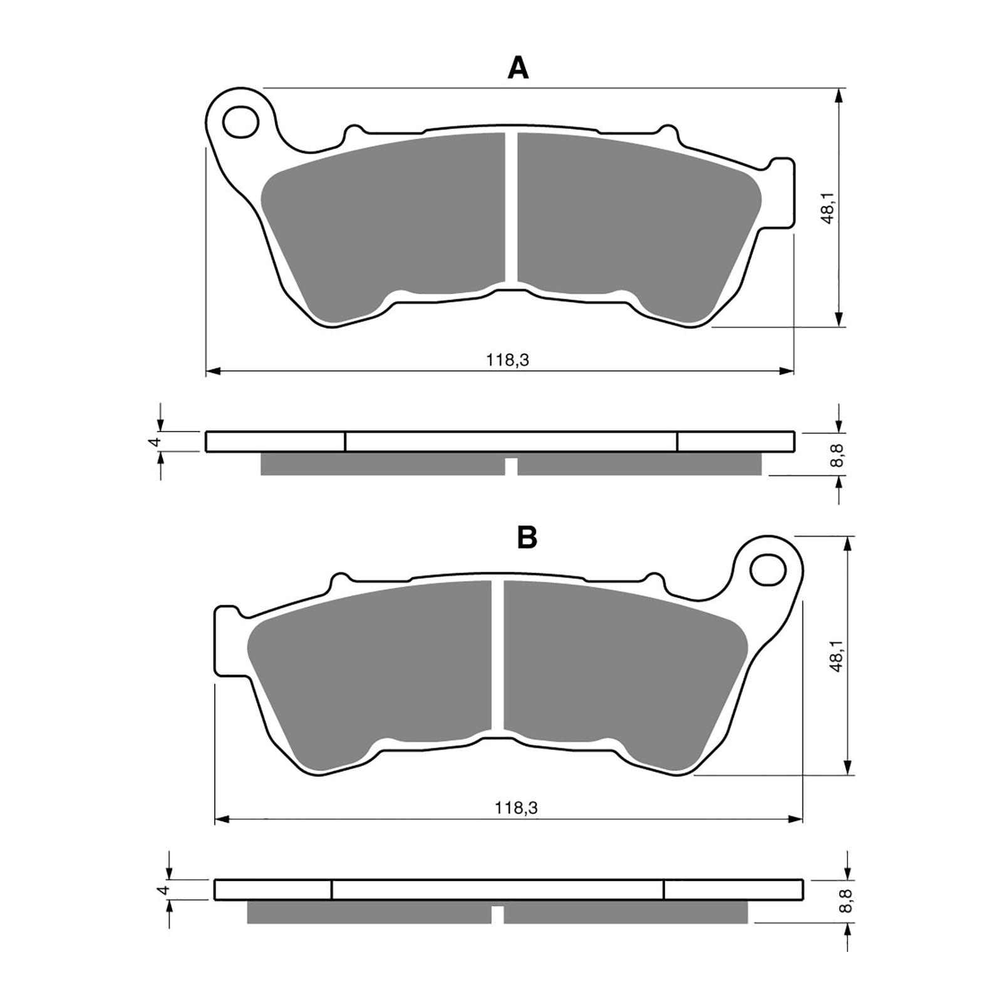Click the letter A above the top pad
pyautogui.click(x=518, y=68)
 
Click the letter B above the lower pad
pyautogui.click(x=527, y=537)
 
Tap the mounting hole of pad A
pyautogui.click(x=241, y=121)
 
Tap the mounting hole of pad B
pyautogui.click(x=768, y=569)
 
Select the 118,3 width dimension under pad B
pyautogui.click(x=516, y=808)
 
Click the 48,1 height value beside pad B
pyautogui.click(x=837, y=656)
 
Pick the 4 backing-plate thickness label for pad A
pyautogui.click(x=157, y=442)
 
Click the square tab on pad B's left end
pyautogui.click(x=225, y=639)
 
